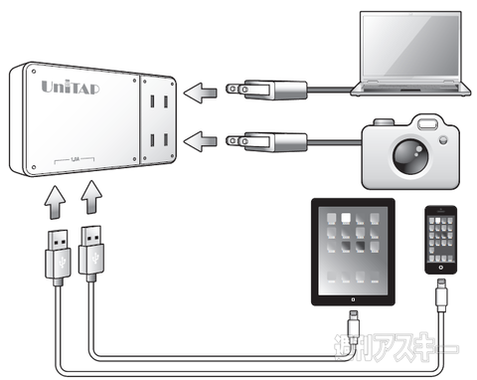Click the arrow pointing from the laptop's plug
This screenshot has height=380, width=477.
tap(205, 93)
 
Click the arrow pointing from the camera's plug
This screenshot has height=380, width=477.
tap(205, 139)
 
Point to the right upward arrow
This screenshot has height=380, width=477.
tap(88, 202)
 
